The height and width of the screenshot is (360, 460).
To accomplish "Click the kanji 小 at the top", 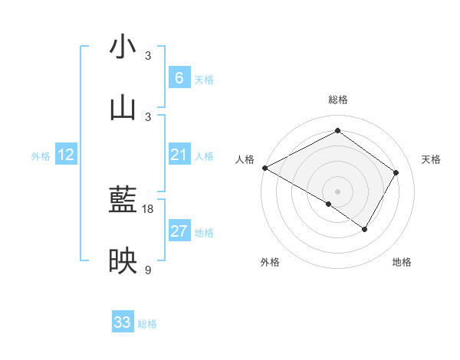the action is coord(123,47).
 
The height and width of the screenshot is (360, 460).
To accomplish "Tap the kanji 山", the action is coord(123,108).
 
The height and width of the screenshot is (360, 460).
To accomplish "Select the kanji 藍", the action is coord(123,201).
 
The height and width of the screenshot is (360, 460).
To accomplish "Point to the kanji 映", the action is coord(123,262).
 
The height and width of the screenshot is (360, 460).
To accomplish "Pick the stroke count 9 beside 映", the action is coord(148,270).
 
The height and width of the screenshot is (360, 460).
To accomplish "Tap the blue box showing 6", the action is coord(179,78).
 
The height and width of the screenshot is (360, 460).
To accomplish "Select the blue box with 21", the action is coord(179,155).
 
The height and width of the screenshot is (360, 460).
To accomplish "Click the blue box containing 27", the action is coord(179,231).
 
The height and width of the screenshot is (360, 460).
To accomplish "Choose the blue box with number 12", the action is coord(66,155).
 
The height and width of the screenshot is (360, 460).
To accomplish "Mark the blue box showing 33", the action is coord(123,322).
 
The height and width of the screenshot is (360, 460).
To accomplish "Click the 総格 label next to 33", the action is coord(147,324).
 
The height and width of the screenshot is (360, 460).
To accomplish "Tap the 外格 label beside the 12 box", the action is coord(41,156).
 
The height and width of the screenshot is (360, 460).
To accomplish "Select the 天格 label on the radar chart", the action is coord(431,159).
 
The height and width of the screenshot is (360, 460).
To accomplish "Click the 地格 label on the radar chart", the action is coord(402,263).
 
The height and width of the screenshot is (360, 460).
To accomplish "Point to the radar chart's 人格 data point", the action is coord(264,168).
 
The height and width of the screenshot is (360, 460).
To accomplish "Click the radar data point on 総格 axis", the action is coord(337,131).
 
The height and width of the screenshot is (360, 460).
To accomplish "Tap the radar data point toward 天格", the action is coord(396,172).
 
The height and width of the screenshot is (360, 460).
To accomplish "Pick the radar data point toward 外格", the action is coord(329,204).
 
